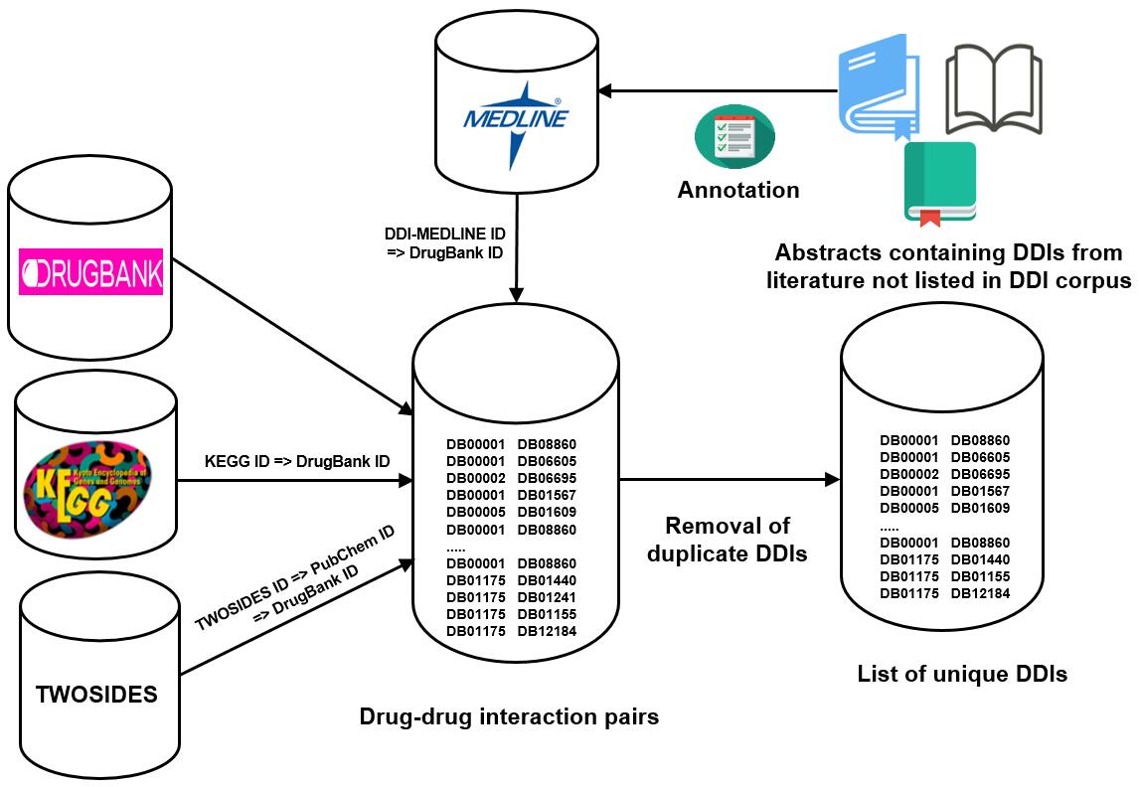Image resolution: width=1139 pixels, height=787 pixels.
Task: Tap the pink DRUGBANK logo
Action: [x=90, y=271]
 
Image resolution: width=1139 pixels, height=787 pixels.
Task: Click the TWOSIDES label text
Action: [x=96, y=694]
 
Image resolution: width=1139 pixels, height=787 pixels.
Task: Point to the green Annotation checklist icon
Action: [x=734, y=136]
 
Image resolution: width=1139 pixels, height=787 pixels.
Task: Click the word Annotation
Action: [x=738, y=190]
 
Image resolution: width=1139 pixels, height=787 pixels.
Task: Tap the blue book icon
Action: [x=878, y=85]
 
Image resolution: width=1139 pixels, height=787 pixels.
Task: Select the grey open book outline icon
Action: [x=994, y=88]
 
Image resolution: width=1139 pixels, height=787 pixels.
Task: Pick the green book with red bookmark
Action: [x=940, y=184]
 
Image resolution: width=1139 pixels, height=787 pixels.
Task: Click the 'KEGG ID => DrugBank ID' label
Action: [x=297, y=461]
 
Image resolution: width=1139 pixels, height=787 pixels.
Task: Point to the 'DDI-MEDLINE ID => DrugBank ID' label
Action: [x=444, y=243]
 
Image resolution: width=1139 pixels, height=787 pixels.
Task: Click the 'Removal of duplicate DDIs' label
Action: [x=728, y=540]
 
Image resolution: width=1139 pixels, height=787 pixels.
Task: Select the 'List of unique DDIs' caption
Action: [x=962, y=674]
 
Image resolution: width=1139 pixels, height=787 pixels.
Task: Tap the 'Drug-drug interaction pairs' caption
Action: [x=509, y=716]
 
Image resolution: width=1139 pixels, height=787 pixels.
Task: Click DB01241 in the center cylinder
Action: [x=547, y=597]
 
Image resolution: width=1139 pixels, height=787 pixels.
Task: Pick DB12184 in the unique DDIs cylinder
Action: [x=981, y=593]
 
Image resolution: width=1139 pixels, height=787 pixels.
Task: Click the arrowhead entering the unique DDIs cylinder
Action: [x=833, y=479]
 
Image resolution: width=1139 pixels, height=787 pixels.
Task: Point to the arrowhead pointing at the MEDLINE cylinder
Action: [x=604, y=91]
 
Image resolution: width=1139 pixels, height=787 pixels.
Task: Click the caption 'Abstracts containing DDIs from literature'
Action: [x=949, y=266]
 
